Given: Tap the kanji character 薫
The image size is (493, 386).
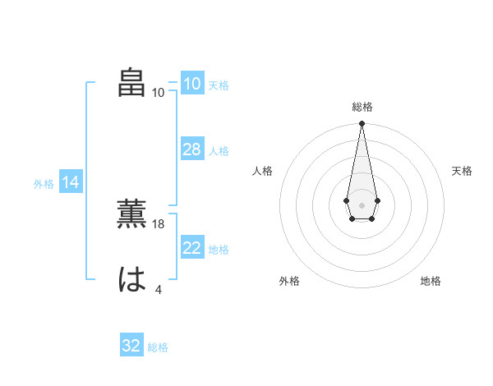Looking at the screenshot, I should click(132, 215).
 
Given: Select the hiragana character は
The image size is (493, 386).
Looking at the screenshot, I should click(132, 280).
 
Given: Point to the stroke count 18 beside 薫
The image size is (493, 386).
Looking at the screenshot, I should click(159, 224).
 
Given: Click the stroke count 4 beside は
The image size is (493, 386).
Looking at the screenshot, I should click(159, 289).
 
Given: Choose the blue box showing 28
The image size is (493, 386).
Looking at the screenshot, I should click(191, 149).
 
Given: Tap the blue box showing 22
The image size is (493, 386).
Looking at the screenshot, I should click(191, 248).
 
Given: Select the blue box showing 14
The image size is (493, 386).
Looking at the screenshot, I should click(70, 182).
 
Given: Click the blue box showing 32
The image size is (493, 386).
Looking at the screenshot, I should click(131, 346).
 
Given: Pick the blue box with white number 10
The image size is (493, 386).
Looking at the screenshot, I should click(191, 84).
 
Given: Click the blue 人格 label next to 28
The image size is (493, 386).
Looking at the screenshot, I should click(219, 151).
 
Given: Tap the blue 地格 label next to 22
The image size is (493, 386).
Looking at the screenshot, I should click(219, 250).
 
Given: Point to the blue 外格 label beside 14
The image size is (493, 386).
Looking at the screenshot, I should click(44, 184).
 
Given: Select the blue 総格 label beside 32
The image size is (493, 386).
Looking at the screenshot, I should click(158, 347).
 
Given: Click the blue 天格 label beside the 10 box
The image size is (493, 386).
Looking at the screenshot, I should click(219, 85).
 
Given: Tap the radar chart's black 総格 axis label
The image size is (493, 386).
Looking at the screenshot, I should click(362, 107).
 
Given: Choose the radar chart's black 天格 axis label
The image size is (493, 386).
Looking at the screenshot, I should click(462, 171).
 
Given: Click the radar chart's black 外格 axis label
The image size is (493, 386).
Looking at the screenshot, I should click(289, 281).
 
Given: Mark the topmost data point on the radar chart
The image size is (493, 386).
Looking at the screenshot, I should click(362, 123).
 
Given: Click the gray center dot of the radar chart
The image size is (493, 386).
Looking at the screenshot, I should click(362, 204).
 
